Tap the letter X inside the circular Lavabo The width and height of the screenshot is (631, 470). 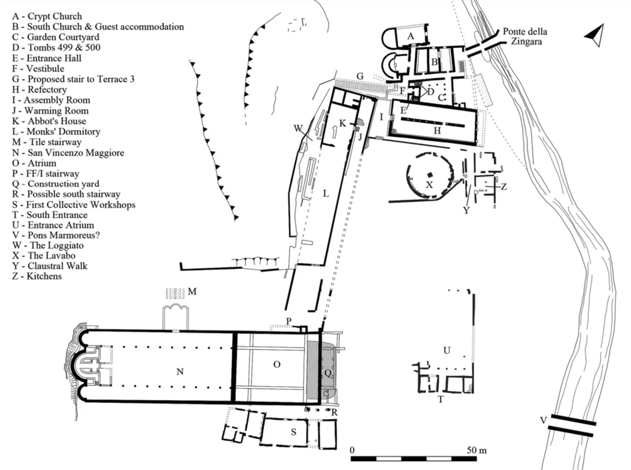pos(429,185)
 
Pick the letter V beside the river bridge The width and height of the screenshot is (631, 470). pos(543,421)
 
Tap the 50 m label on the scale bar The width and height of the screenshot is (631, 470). pos(478,450)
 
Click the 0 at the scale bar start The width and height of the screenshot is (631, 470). pos(352,450)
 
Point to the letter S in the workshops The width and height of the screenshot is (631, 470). pos(293,432)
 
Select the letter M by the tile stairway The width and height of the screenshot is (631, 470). pos(193,291)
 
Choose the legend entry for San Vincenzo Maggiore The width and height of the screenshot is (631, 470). pos(67,152)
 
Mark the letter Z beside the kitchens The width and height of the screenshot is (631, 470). pos(504,187)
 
